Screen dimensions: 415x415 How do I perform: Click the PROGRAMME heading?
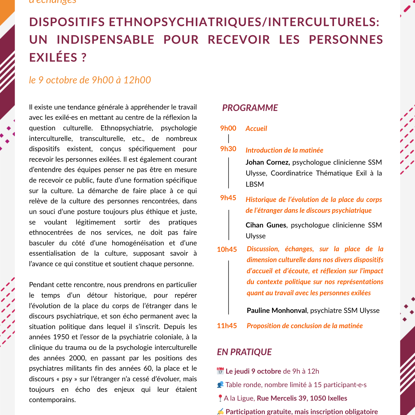click(x=250, y=108)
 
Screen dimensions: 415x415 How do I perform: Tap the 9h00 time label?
click(x=228, y=128)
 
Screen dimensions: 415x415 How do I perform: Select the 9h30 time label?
click(x=228, y=149)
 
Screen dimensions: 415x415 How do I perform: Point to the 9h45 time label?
click(x=228, y=198)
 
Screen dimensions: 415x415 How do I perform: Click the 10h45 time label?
click(x=227, y=249)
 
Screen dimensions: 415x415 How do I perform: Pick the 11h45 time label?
click(x=227, y=326)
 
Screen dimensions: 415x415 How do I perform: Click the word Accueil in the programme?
click(x=256, y=129)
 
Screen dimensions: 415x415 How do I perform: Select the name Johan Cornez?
click(x=267, y=162)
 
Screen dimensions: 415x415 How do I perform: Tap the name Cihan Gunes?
click(x=266, y=225)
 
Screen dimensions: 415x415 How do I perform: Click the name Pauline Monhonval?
click(x=276, y=311)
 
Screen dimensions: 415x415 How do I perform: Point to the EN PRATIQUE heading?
click(x=244, y=352)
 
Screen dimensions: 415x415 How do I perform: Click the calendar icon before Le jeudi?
click(x=220, y=371)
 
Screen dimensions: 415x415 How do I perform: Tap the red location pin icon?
click(x=220, y=398)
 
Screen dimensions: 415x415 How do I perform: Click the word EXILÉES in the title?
click(x=53, y=58)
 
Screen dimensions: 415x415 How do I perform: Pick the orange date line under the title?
click(x=90, y=80)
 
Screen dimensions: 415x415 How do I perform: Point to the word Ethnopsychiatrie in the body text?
click(x=127, y=128)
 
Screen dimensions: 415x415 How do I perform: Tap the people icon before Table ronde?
click(x=220, y=384)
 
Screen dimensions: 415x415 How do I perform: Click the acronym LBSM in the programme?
click(x=255, y=184)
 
